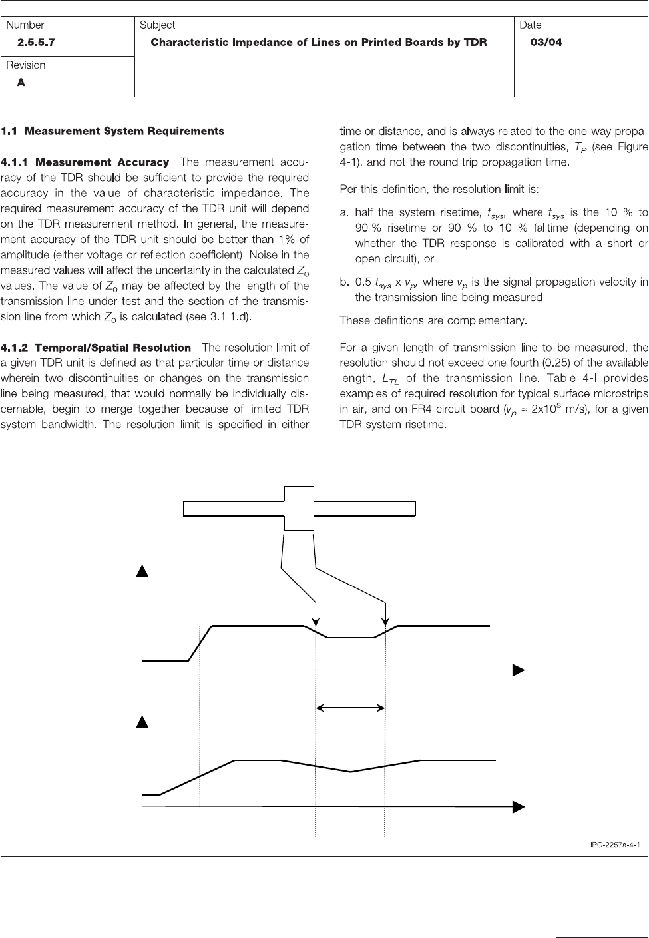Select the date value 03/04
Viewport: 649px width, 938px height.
tap(546, 42)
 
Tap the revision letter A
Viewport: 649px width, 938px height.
tap(22, 83)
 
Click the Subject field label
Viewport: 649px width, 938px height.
tap(157, 25)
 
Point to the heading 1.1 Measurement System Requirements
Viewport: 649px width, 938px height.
tap(112, 131)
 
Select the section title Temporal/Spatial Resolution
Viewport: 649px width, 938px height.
tap(113, 348)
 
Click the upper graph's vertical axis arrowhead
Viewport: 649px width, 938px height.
tap(142, 570)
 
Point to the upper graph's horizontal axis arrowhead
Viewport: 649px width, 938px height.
tap(519, 670)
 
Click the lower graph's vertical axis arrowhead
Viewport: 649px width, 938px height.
tap(142, 721)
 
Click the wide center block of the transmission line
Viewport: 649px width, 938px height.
tap(299, 509)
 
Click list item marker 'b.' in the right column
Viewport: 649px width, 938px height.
tap(344, 282)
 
